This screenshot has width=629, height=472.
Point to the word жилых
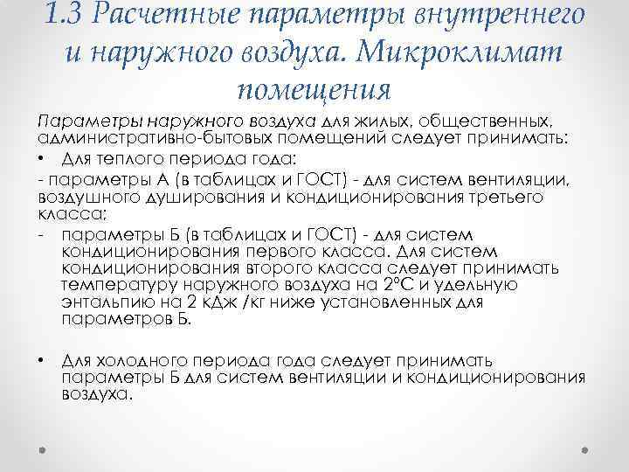pyautogui.click(x=384, y=123)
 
